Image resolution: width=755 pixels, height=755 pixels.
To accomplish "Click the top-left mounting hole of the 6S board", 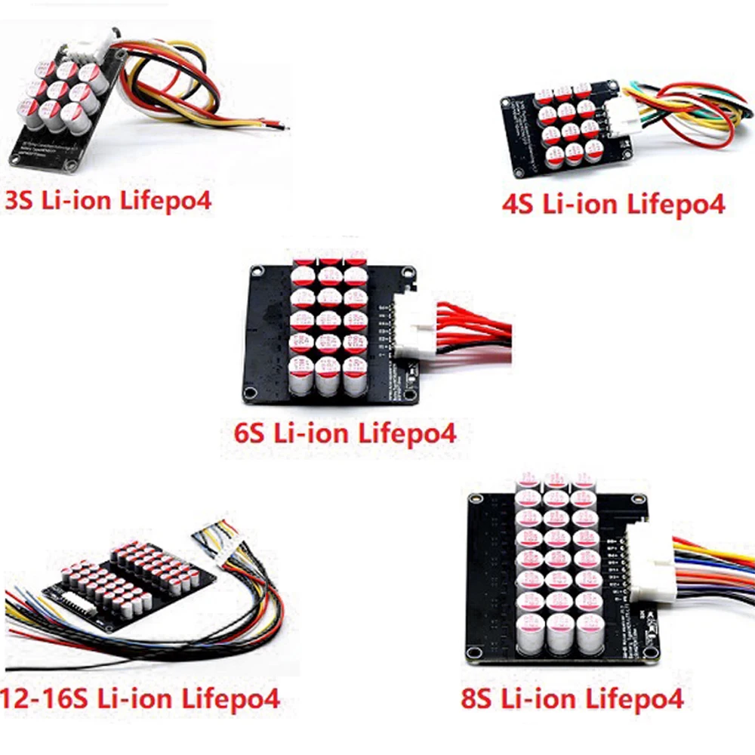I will point(256,272).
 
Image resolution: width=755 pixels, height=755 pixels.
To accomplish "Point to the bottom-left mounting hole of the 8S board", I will point(474,652).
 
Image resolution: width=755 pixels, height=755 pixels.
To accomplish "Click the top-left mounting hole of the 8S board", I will point(475,499).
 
